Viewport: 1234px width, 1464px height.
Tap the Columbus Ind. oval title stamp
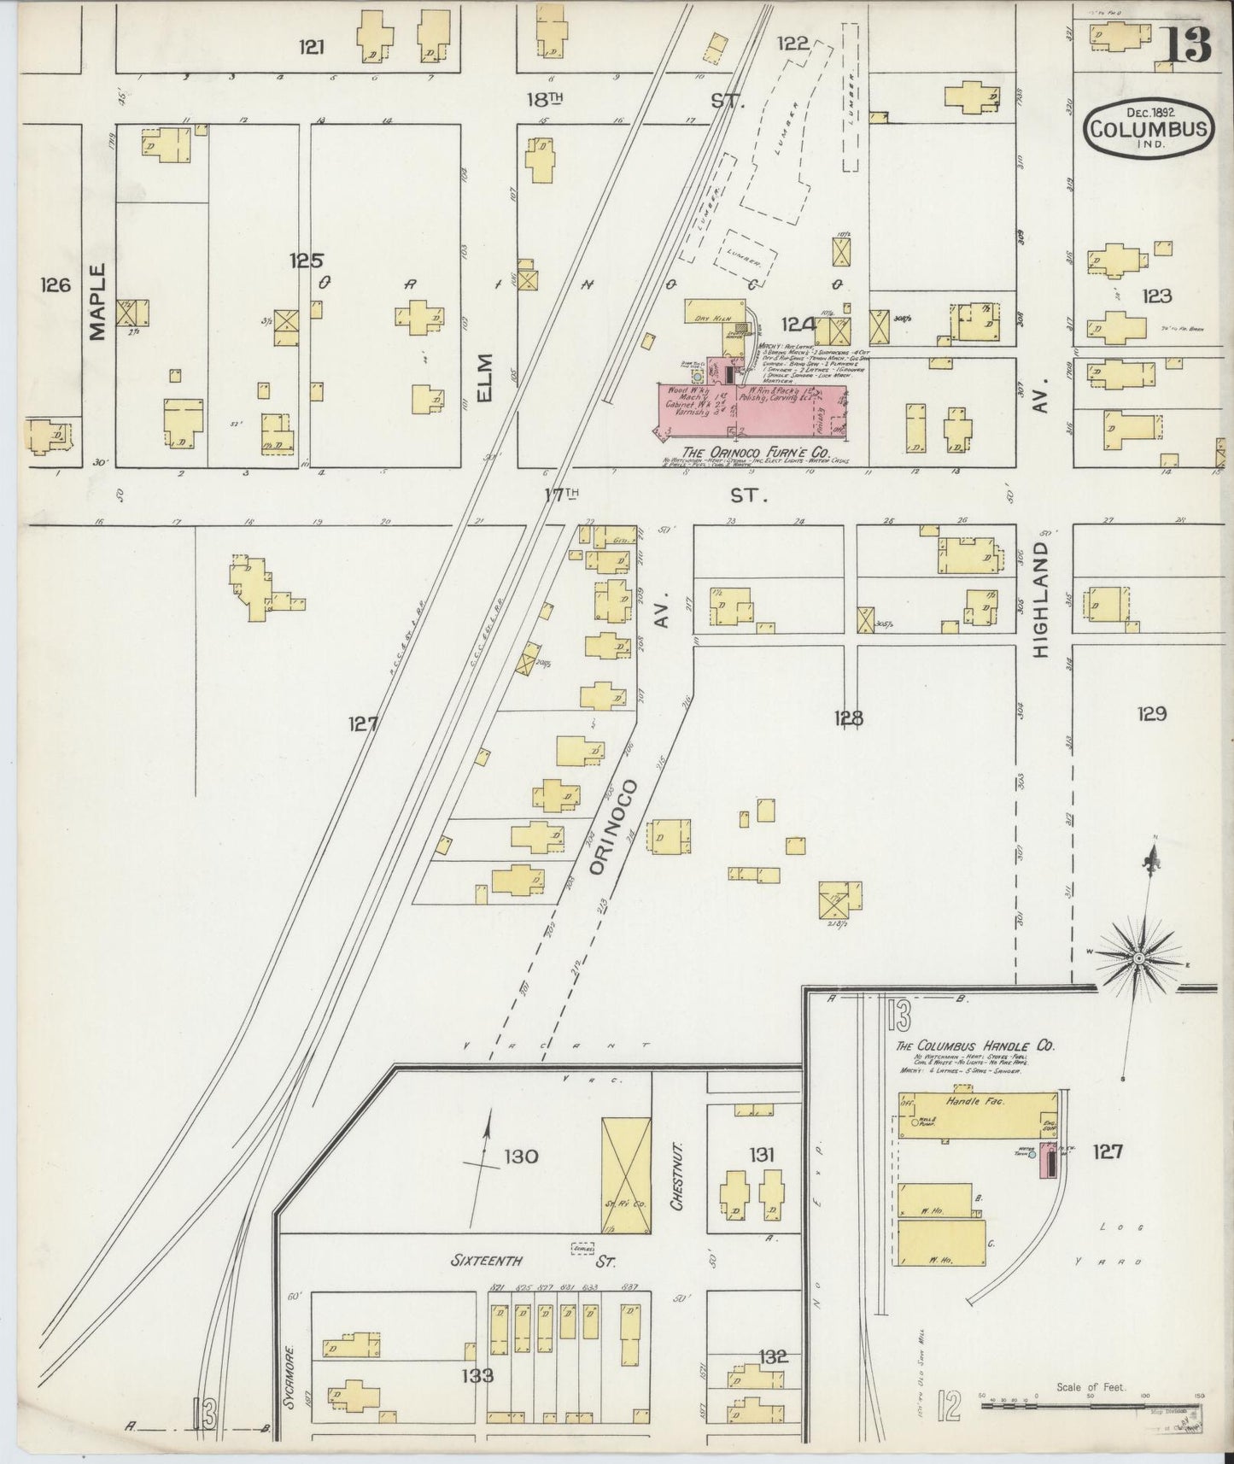tap(1148, 131)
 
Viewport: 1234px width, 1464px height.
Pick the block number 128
tap(849, 718)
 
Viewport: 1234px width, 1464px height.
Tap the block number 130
tap(520, 1157)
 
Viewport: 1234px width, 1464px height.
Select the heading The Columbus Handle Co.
tap(974, 1045)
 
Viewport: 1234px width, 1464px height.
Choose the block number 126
tap(54, 285)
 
